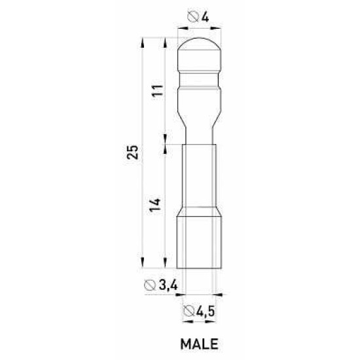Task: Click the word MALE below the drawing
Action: pos(199,344)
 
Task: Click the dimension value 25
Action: pos(133,152)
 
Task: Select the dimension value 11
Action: pos(158,90)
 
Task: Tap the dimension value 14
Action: pos(155,205)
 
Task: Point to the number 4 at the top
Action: pos(205,17)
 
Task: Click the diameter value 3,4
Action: pos(168,285)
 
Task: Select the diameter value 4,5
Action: pos(206,311)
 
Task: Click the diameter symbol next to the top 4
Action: pos(193,17)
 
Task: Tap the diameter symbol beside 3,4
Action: pos(150,285)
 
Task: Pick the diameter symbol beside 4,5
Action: pos(189,311)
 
